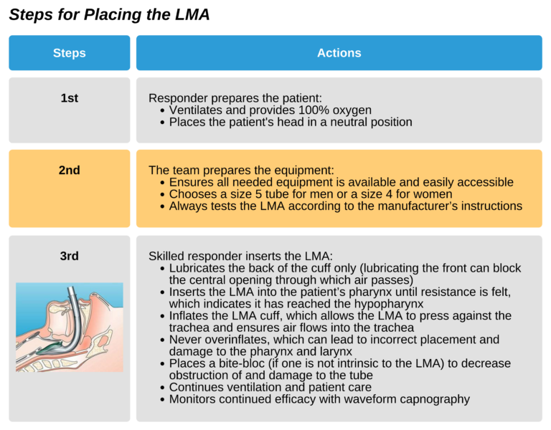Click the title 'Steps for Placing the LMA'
[109, 15]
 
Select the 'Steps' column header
[69, 53]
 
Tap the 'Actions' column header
[339, 53]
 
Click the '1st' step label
[69, 98]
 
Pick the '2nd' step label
[69, 170]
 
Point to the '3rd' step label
[69, 256]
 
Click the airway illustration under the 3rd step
[69, 327]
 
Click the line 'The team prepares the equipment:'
[241, 171]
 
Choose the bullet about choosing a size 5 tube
[311, 194]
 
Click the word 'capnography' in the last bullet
[434, 399]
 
